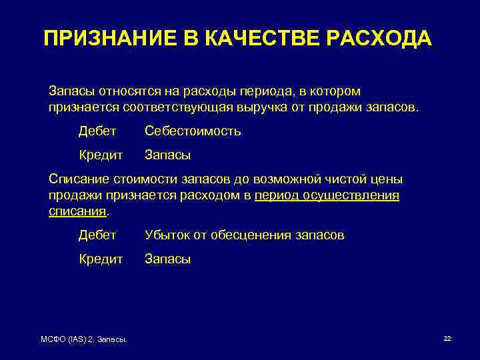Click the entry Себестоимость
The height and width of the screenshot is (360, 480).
[193, 131]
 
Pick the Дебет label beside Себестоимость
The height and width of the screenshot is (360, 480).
[97, 131]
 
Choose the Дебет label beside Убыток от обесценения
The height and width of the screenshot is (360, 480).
[97, 235]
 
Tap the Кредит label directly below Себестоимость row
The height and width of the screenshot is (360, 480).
[101, 155]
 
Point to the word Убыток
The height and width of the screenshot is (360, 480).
[167, 235]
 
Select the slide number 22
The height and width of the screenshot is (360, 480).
[447, 339]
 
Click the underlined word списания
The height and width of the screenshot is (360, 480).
[77, 211]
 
